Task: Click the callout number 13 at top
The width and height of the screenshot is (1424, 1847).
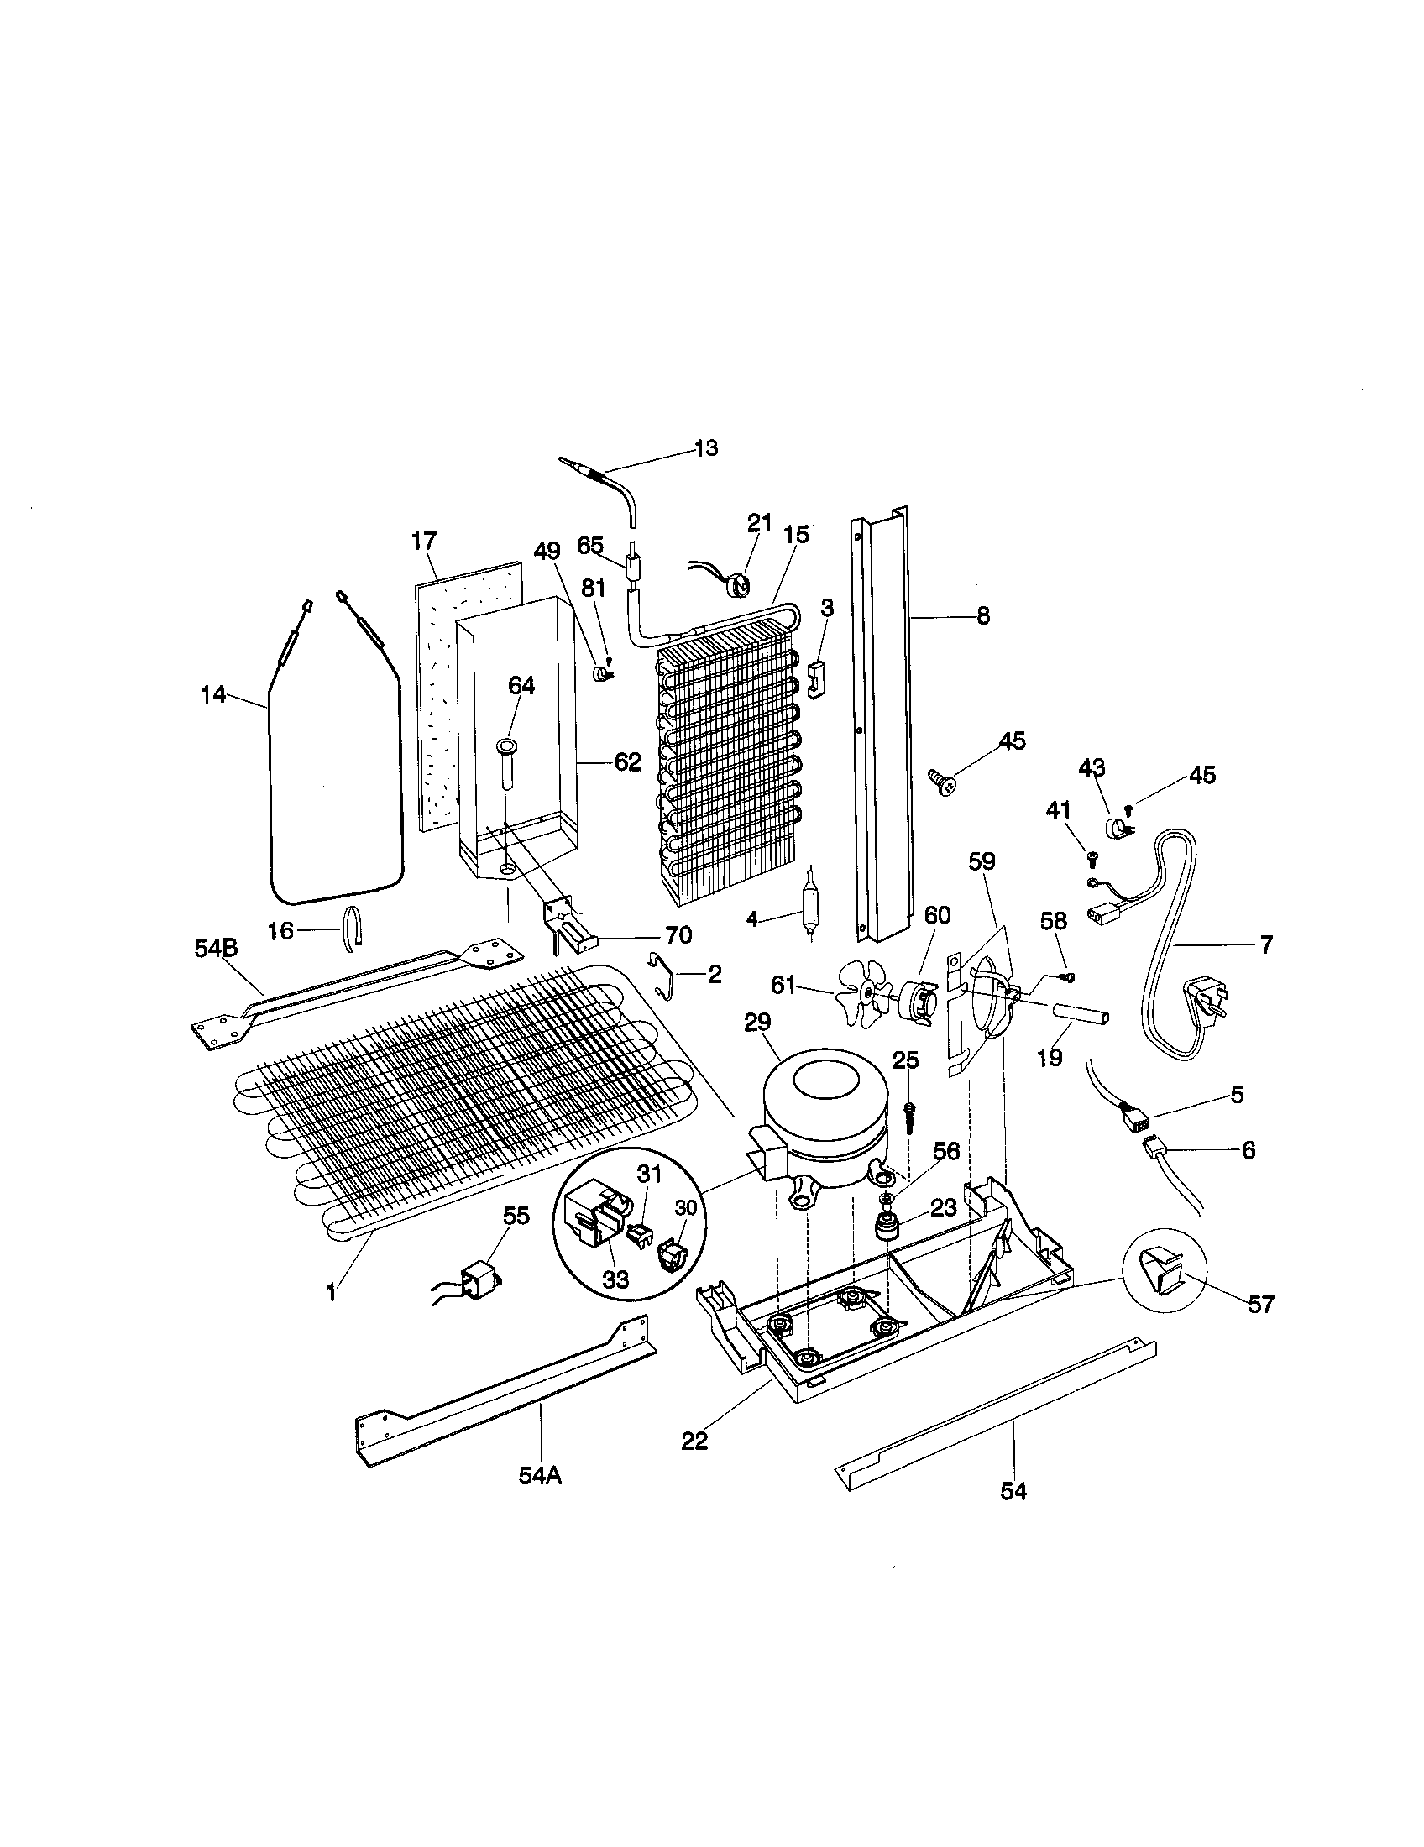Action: point(705,448)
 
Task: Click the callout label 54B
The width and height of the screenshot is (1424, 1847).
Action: point(217,949)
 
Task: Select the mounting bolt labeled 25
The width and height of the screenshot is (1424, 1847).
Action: point(910,1117)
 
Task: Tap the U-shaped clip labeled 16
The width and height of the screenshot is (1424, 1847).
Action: point(353,927)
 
